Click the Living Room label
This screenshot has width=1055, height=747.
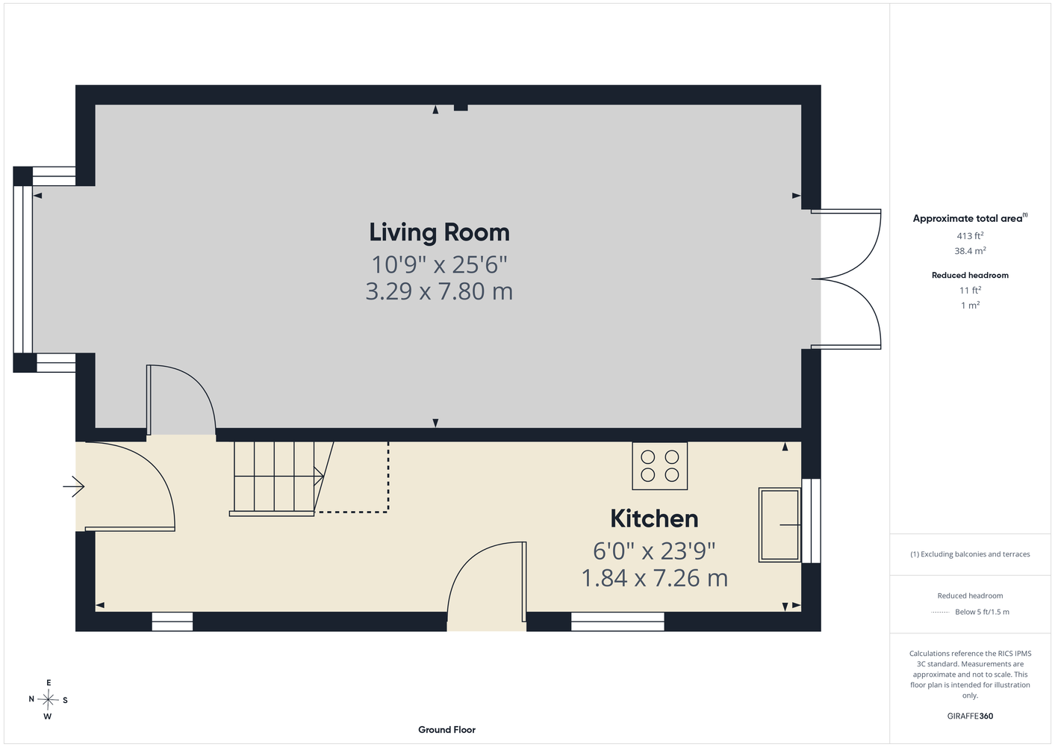[x=439, y=233]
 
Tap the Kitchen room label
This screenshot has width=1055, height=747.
[x=654, y=519]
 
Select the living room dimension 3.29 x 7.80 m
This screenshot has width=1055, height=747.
[x=439, y=291]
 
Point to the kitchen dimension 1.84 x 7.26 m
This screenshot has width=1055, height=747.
[x=654, y=578]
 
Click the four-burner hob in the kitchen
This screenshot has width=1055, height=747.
[x=659, y=465]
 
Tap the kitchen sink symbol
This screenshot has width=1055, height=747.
[x=779, y=524]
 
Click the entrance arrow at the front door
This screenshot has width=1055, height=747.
[x=73, y=486]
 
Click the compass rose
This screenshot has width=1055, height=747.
[x=48, y=700]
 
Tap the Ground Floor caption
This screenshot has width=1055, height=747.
[x=446, y=730]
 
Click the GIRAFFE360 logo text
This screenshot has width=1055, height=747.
[x=970, y=716]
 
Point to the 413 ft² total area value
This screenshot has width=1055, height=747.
[x=970, y=235]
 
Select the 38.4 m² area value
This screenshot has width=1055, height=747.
[x=970, y=251]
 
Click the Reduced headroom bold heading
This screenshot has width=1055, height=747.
[x=970, y=275]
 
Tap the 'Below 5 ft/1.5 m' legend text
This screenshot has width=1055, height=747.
[x=982, y=612]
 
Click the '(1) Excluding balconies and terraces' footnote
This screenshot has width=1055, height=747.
[x=970, y=554]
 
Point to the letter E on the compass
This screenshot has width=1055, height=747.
[x=49, y=683]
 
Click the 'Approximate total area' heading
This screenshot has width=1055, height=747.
[x=970, y=217]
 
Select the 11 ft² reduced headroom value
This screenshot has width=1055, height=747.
[x=970, y=291]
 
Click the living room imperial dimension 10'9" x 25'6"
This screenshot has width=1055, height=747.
[x=439, y=264]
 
